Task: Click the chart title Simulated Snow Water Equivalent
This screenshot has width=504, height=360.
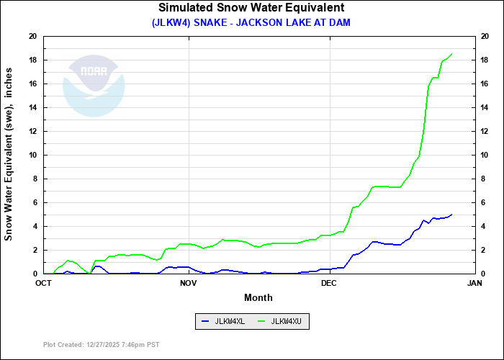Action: pyautogui.click(x=251, y=8)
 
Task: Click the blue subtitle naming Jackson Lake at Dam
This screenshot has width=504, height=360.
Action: pyautogui.click(x=251, y=22)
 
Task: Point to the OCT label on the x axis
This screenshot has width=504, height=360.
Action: pyautogui.click(x=44, y=283)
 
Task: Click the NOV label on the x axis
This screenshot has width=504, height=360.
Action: pyautogui.click(x=189, y=283)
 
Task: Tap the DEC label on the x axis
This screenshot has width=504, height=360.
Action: pyautogui.click(x=329, y=283)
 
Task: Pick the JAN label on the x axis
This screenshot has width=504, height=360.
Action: pyautogui.click(x=474, y=283)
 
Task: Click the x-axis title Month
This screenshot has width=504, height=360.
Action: pyautogui.click(x=258, y=297)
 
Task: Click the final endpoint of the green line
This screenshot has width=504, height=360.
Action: pyautogui.click(x=451, y=54)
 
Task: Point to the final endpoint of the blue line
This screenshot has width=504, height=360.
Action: pyautogui.click(x=451, y=215)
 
